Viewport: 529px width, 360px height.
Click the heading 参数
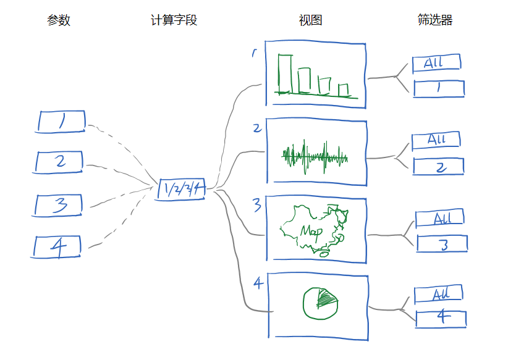59,20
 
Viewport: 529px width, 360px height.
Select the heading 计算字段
174,20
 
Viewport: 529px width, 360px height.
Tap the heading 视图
310,20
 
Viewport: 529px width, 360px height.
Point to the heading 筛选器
435,20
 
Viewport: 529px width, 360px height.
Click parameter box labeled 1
61,121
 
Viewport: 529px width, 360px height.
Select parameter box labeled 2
59,162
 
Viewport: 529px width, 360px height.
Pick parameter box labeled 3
59,204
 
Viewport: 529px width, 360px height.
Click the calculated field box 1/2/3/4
181,190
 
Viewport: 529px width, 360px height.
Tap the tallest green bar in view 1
284,74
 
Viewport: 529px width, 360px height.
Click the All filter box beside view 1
436,62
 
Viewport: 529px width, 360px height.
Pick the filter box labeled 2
438,167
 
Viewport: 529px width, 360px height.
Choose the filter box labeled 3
442,244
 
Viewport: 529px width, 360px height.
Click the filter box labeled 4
441,319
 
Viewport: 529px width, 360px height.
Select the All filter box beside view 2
436,140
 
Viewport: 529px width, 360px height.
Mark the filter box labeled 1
438,88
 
